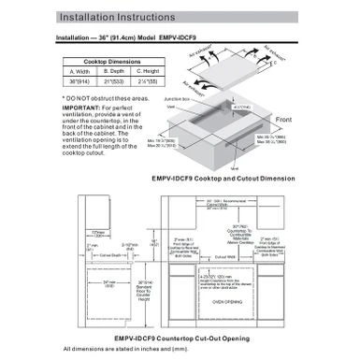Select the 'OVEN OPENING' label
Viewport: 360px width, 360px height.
(227, 302)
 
